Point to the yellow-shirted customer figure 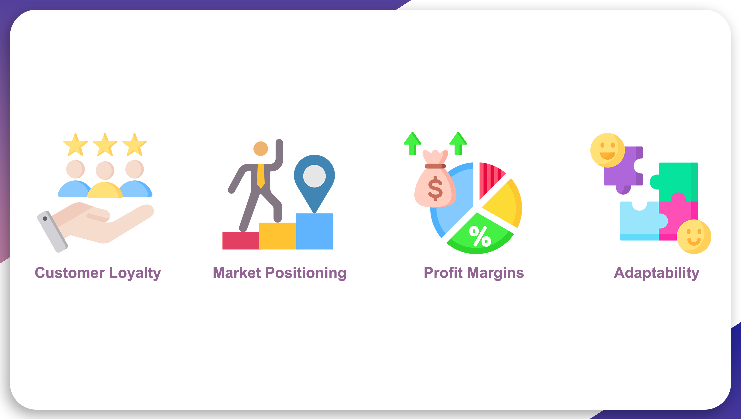tap(105, 180)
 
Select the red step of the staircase tap(241, 241)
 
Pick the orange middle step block tap(277, 236)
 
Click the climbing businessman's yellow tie tap(261, 176)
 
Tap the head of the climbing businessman tap(261, 149)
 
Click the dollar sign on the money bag tap(435, 189)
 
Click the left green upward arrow tap(412, 143)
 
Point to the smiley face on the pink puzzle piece tap(694, 237)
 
